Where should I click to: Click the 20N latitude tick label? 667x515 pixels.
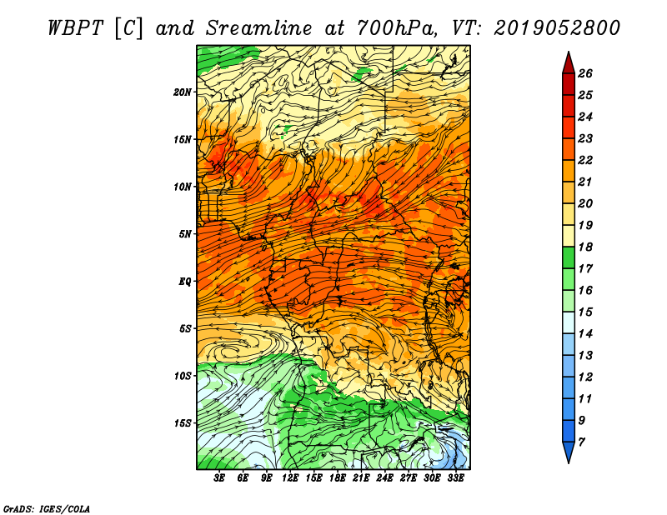[183, 92]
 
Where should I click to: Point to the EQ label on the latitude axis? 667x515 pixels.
[184, 282]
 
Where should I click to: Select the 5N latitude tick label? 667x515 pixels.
[185, 234]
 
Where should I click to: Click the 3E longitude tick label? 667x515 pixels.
[219, 478]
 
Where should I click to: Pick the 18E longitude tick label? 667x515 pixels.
[338, 478]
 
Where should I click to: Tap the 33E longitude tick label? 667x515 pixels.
[455, 478]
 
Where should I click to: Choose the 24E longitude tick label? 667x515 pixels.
[384, 478]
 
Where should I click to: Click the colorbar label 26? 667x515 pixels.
[585, 73]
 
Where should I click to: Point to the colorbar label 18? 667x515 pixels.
[585, 247]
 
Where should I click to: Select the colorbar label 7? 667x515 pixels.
[581, 442]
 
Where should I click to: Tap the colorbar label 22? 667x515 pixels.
[585, 160]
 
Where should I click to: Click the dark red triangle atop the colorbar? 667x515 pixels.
[569, 63]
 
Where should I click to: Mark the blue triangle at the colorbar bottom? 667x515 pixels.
[569, 452]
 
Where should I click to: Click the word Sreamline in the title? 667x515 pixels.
[258, 28]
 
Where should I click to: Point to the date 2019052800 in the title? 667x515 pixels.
[556, 28]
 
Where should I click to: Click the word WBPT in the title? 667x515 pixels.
[75, 28]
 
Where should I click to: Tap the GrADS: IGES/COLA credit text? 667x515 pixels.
[47, 509]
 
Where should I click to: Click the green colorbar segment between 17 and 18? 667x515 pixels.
[569, 257]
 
